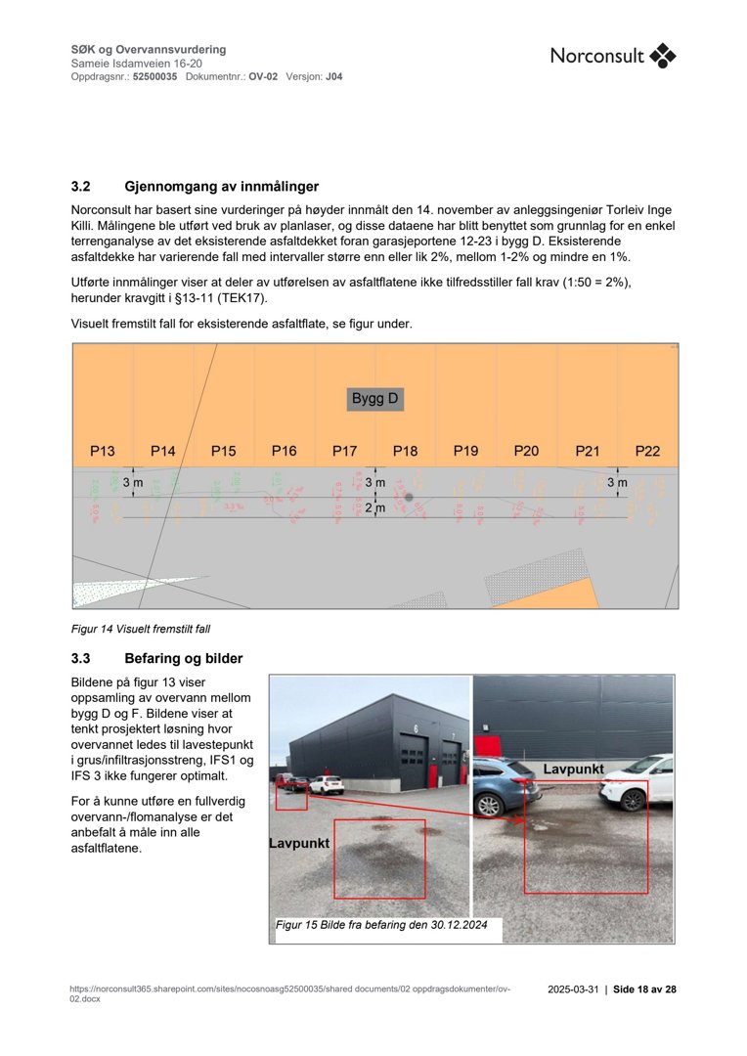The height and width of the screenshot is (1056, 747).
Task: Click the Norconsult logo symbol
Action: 663,56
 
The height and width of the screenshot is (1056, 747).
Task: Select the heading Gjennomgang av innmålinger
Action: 221,187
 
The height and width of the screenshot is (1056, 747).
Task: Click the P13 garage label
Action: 103,452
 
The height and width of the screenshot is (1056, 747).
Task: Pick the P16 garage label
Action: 285,452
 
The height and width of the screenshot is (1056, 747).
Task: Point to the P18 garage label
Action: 406,452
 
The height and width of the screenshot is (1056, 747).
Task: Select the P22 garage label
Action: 647,452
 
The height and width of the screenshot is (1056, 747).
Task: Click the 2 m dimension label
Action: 375,508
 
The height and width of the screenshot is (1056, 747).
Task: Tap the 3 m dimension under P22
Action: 617,483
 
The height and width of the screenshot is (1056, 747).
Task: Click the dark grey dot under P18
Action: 409,498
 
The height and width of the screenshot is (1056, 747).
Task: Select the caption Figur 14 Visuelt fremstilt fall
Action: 141,629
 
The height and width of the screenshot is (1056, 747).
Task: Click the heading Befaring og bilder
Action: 184,658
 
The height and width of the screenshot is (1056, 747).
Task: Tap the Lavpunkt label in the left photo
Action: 299,843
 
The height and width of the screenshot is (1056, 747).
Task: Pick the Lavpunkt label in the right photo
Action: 573,770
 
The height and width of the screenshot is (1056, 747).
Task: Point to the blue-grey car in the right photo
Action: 504,785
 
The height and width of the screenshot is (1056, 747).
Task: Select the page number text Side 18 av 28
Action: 644,990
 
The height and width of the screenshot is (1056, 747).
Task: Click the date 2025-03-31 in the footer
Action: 572,990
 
